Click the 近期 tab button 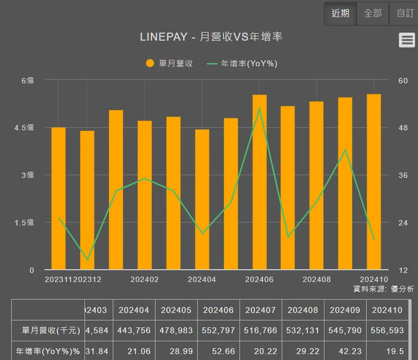(340, 13)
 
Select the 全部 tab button (373, 13)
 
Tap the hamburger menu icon (407, 40)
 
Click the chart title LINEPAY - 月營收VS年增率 (211, 37)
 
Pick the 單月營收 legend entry (169, 64)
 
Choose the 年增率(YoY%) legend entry (242, 64)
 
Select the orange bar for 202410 (373, 182)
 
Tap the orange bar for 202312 (87, 200)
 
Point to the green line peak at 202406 (259, 108)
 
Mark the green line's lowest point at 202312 (87, 260)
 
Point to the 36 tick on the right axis (403, 175)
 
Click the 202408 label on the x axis (316, 279)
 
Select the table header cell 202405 (176, 310)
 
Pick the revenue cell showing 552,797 (219, 330)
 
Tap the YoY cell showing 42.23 (345, 350)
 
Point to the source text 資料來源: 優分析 (384, 289)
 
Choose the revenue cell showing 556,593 (387, 330)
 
